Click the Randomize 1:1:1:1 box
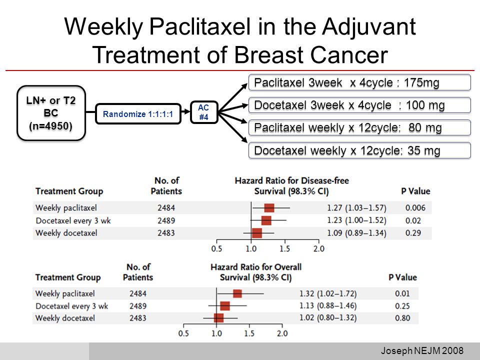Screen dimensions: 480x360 (x=138, y=114)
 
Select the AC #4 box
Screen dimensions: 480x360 (x=204, y=112)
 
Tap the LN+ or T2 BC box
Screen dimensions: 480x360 (x=51, y=113)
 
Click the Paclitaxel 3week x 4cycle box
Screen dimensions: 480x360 (x=359, y=82)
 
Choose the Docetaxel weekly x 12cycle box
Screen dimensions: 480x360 (x=359, y=150)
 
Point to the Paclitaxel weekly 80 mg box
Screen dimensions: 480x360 (x=359, y=127)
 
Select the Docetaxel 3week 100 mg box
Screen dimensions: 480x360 (x=359, y=105)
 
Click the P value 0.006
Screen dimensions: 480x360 (x=415, y=208)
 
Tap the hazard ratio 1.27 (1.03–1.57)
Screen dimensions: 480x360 (x=356, y=208)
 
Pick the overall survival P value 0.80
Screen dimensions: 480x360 (x=402, y=318)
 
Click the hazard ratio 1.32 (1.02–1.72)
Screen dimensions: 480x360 (x=328, y=293)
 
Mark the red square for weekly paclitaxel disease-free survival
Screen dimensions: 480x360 (x=269, y=208)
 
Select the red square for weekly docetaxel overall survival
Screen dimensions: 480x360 (x=218, y=318)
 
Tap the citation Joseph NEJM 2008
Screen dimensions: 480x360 (x=422, y=350)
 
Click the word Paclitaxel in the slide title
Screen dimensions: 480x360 (x=200, y=26)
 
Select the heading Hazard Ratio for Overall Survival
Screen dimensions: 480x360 (x=256, y=272)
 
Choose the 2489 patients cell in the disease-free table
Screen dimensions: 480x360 (x=166, y=220)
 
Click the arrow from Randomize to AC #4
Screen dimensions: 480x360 (x=185, y=111)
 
